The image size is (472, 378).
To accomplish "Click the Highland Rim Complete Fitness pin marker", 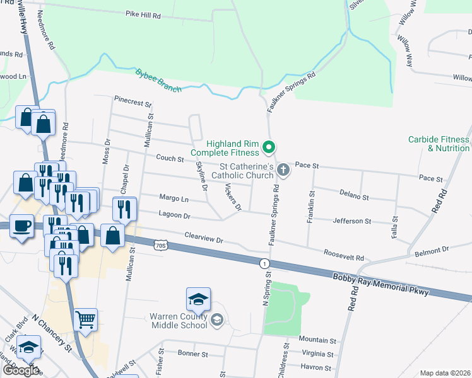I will (x=269, y=148).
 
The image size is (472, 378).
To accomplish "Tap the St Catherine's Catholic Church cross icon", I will (x=283, y=169).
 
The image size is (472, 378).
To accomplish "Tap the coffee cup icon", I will (x=21, y=226).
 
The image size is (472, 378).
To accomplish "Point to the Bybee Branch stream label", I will (x=158, y=81).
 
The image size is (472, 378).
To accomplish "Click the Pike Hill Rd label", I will (x=143, y=13).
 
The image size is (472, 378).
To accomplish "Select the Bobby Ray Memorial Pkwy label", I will (x=381, y=284).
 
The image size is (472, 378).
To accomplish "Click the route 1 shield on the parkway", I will (x=264, y=263).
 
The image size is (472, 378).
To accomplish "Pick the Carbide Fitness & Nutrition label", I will (x=439, y=144).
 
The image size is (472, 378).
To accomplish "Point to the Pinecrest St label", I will (x=133, y=101).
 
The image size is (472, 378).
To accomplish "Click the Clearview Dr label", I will (x=204, y=239).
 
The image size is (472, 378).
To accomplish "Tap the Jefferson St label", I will (x=352, y=221).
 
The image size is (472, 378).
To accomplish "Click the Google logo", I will (x=20, y=370).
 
